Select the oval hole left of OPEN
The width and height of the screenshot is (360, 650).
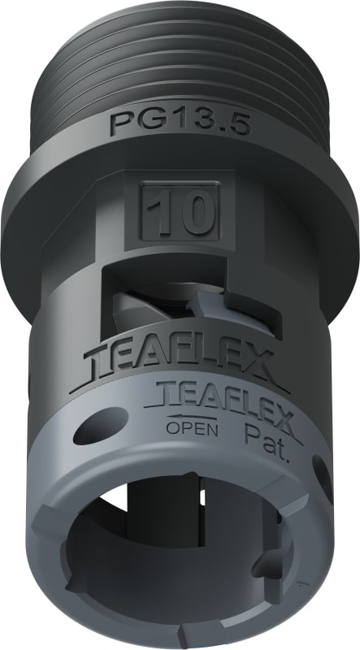[x=100, y=426]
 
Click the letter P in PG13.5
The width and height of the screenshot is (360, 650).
[x=121, y=124]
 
